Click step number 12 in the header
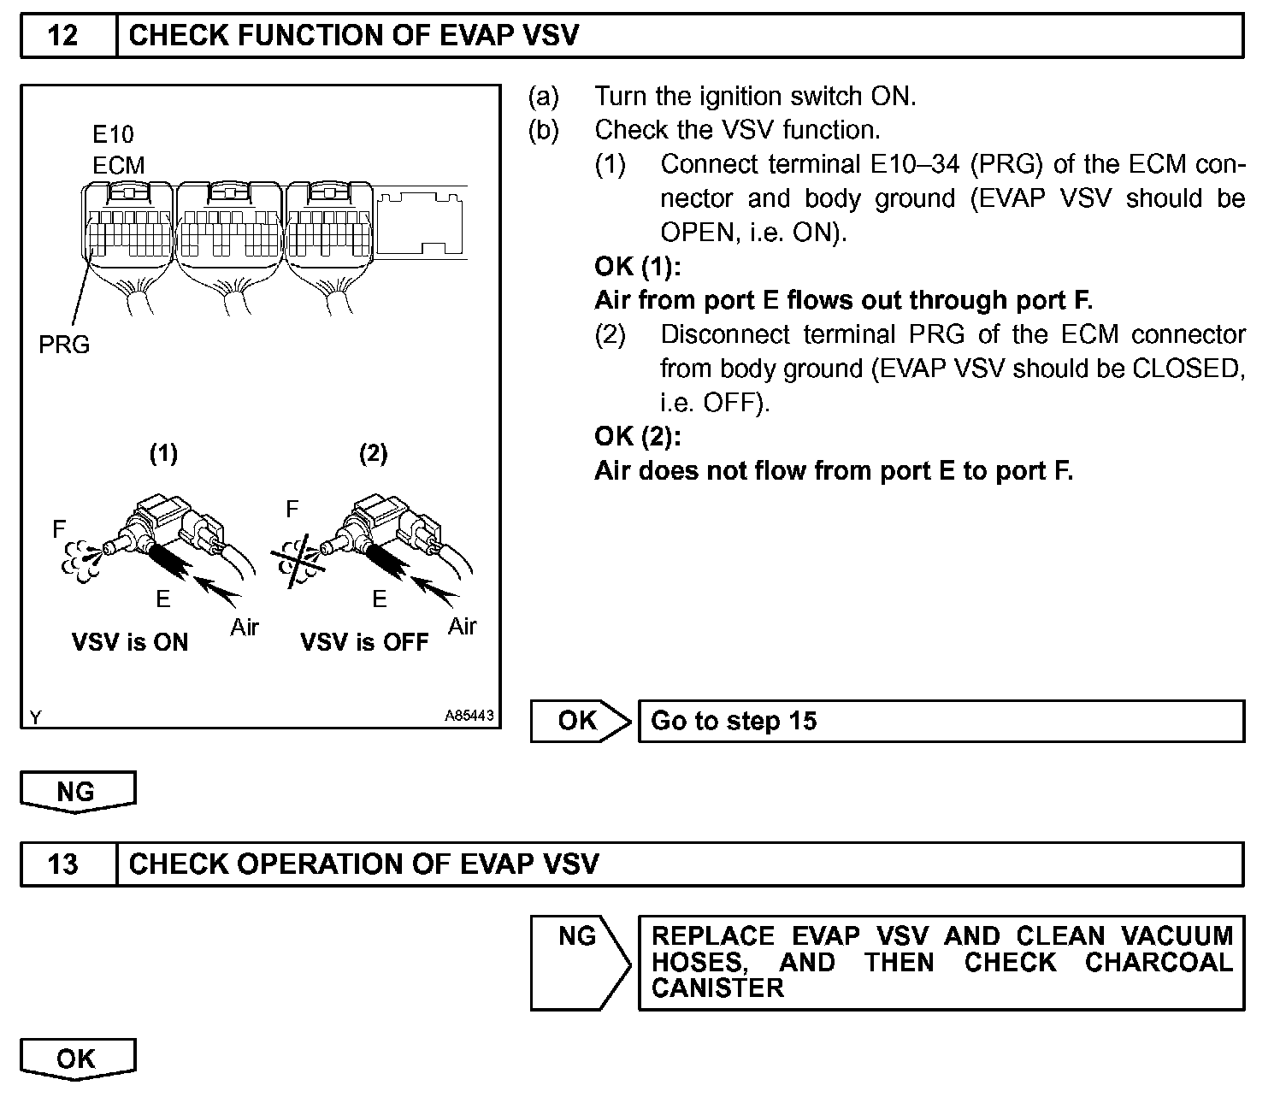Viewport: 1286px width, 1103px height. pos(63,36)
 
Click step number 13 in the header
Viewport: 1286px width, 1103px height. pos(63,864)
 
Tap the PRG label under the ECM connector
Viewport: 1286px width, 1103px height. pos(64,345)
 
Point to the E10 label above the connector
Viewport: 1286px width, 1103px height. pos(113,134)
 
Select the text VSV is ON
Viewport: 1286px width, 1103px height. pos(130,642)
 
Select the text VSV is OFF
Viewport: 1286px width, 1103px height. pos(364,642)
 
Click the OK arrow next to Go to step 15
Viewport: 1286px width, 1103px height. pos(579,721)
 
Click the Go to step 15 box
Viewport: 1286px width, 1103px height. pos(941,721)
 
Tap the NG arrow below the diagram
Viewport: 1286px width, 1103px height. pos(76,792)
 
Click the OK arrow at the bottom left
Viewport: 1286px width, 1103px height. pos(76,1059)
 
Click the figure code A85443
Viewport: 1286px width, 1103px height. pos(469,716)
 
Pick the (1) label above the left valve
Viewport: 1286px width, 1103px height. pos(163,453)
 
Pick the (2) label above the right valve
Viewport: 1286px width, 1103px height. pos(373,453)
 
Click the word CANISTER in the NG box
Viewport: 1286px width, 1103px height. pos(717,988)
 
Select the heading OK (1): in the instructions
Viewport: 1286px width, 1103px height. pos(637,267)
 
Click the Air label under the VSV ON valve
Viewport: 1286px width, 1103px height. pos(245,628)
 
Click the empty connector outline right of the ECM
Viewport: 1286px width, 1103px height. pos(421,221)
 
